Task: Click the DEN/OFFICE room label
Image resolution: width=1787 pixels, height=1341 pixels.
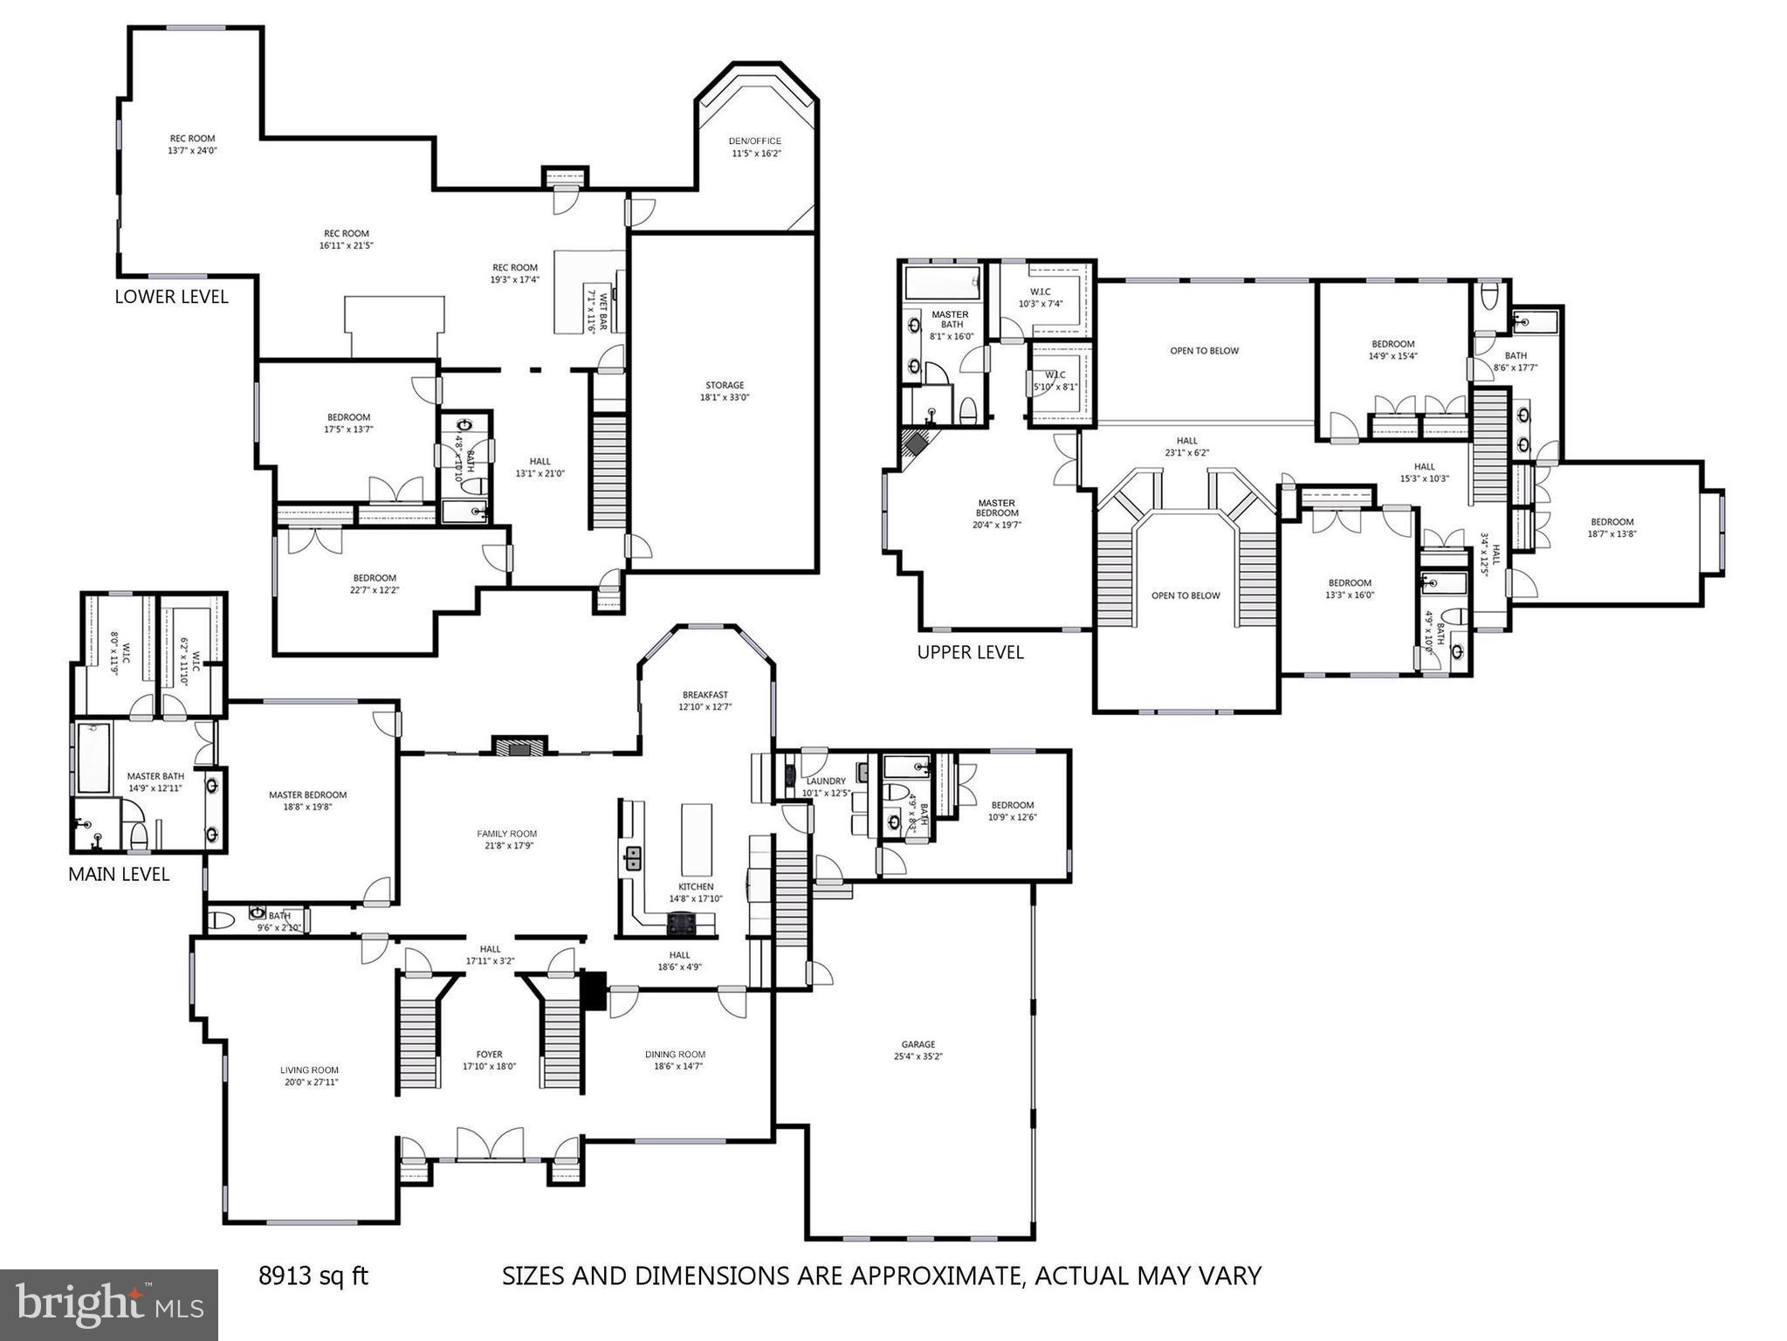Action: point(755,141)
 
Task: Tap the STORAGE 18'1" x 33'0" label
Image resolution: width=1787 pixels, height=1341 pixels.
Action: point(725,391)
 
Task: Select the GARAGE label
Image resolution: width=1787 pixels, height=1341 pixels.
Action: point(918,1044)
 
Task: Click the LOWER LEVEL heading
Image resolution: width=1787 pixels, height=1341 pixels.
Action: point(171,297)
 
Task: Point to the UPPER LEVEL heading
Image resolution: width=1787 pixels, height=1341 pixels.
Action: point(970,652)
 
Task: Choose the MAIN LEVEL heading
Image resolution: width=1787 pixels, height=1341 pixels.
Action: point(119,874)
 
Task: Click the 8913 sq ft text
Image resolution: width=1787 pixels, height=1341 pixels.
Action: point(313,1276)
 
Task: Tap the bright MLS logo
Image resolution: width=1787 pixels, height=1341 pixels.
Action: point(109,1304)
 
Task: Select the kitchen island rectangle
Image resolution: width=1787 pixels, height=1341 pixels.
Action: point(697,840)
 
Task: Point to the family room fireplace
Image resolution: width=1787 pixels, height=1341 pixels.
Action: point(519,746)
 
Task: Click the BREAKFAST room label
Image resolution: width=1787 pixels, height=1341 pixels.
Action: point(705,695)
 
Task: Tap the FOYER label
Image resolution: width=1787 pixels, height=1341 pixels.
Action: point(489,1055)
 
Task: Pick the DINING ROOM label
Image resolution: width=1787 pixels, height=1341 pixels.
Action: point(675,1055)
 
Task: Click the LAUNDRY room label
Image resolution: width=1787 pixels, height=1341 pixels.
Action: point(825,781)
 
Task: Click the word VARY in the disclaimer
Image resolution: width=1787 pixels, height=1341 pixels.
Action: point(1230,1276)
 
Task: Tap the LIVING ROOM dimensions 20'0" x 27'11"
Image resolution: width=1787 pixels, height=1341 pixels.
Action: point(309,1082)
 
